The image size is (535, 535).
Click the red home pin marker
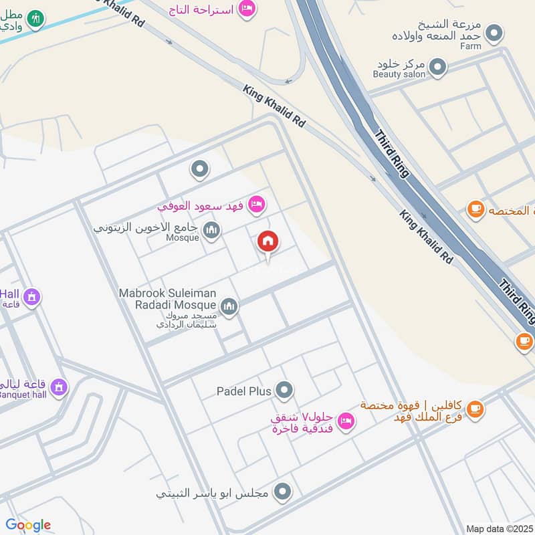click(x=268, y=242)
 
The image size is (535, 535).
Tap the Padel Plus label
click(x=243, y=391)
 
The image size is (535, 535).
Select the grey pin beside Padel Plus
click(x=284, y=389)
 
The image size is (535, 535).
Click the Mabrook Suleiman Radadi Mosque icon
click(x=229, y=306)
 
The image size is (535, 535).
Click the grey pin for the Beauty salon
click(x=437, y=66)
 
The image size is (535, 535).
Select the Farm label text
click(x=470, y=47)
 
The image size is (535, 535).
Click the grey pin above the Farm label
click(x=494, y=31)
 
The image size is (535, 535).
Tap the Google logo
click(x=28, y=525)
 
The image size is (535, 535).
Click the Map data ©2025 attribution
click(x=500, y=528)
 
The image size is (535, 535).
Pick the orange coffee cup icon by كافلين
click(x=475, y=409)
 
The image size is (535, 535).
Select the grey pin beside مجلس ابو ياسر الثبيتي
click(x=283, y=493)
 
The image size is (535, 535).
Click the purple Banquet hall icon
click(x=59, y=386)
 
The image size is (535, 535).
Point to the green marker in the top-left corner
click(x=35, y=19)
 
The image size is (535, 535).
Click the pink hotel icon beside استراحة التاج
click(x=247, y=9)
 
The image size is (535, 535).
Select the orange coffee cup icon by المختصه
click(x=475, y=209)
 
